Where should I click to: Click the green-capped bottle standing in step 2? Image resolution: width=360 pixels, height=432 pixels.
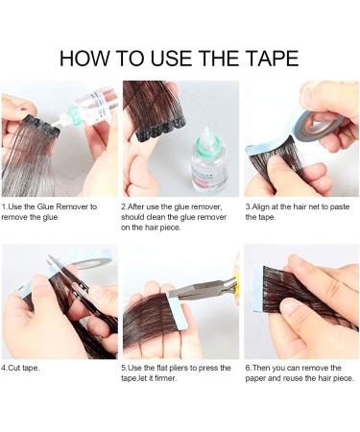pos(208,161)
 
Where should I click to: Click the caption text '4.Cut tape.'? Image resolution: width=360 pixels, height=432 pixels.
pos(23,367)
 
